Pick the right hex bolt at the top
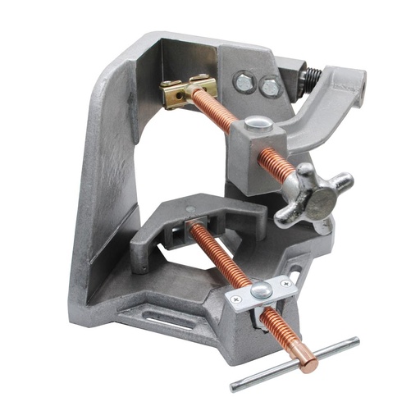268,86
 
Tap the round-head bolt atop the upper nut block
258,123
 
